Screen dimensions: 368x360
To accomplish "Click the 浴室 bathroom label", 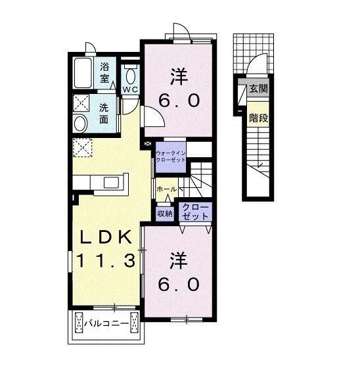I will click(105, 72).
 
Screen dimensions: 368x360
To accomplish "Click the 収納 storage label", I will click(164, 213).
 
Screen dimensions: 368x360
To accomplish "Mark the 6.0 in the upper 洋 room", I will click(177, 102).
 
